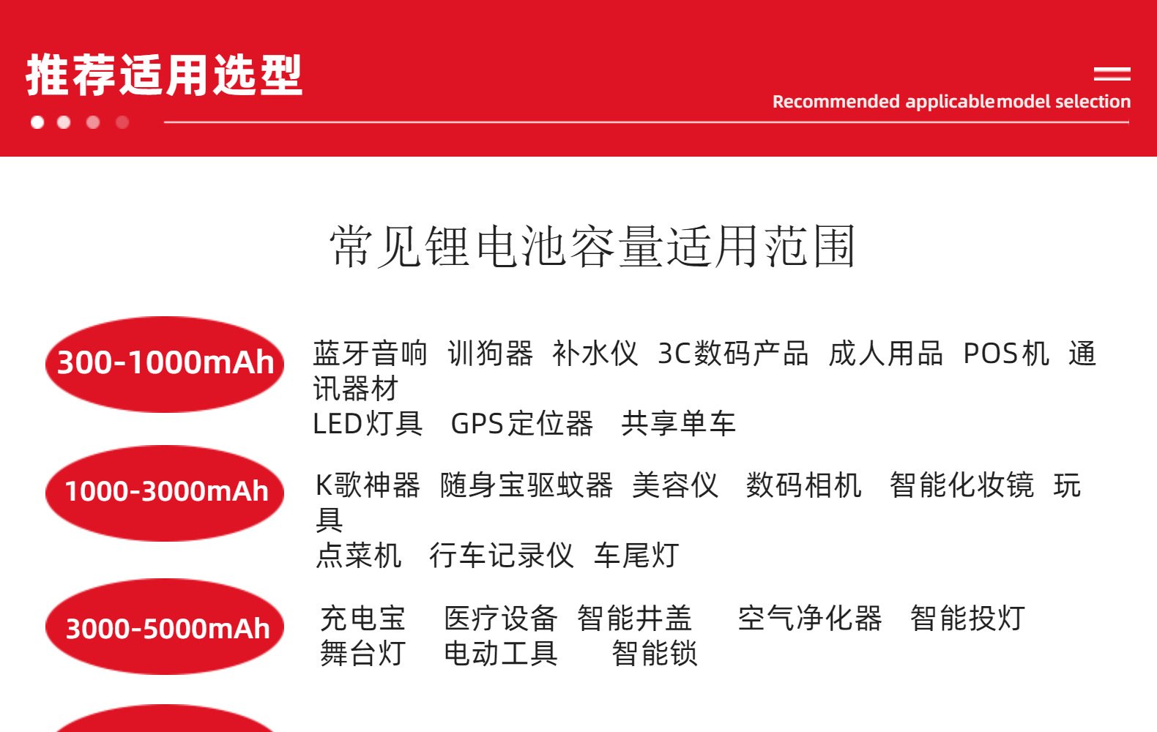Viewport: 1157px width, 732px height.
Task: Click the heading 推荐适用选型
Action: coord(164,75)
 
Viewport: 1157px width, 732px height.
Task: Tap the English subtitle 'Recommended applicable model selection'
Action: coord(951,102)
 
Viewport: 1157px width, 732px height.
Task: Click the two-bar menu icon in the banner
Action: coord(1112,74)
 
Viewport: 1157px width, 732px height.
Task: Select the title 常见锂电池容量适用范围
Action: coord(592,246)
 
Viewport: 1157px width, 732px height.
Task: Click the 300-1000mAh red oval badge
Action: coord(165,364)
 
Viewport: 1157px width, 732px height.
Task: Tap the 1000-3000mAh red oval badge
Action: coord(165,493)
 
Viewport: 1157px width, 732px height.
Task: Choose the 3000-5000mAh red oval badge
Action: coord(165,626)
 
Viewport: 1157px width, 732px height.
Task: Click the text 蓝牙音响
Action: coord(371,354)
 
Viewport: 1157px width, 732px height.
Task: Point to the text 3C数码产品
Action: coord(733,354)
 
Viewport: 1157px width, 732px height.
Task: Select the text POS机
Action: coord(1006,354)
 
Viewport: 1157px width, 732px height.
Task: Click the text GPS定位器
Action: coord(522,424)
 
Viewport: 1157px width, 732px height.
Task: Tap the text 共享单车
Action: coord(679,424)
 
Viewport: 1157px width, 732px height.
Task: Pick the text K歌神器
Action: coord(368,485)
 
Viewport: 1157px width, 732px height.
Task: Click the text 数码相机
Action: coord(804,485)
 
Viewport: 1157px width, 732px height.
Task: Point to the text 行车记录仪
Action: coord(502,556)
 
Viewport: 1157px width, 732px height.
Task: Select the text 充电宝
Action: coord(362,618)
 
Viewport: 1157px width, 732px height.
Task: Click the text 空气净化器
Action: coord(810,618)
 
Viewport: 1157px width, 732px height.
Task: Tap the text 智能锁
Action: coord(655,654)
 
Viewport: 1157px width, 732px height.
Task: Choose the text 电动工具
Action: coord(501,654)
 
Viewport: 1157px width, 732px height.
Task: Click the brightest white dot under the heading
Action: coord(37,122)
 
